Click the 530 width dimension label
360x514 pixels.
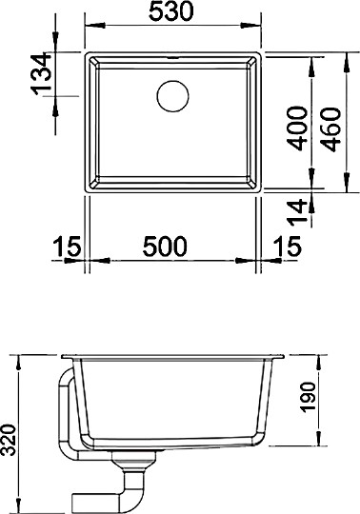pyautogui.click(x=172, y=12)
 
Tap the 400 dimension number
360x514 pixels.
pyautogui.click(x=296, y=129)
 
